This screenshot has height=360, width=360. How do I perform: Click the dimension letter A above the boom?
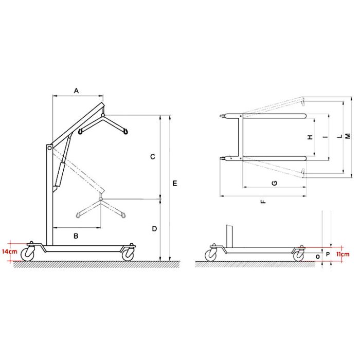click(76, 91)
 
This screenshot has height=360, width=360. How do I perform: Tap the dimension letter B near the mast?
click(76, 236)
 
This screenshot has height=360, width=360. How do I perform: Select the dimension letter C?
click(153, 157)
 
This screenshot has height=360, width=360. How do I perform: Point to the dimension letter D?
click(154, 229)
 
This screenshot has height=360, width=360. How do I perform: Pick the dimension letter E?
click(175, 184)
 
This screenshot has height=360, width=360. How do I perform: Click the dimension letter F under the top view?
click(263, 202)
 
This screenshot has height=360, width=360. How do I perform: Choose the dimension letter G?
click(274, 183)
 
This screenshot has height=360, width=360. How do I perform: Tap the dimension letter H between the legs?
click(310, 137)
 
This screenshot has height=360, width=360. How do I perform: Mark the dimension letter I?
click(325, 137)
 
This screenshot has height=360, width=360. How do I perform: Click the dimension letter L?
click(340, 136)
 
